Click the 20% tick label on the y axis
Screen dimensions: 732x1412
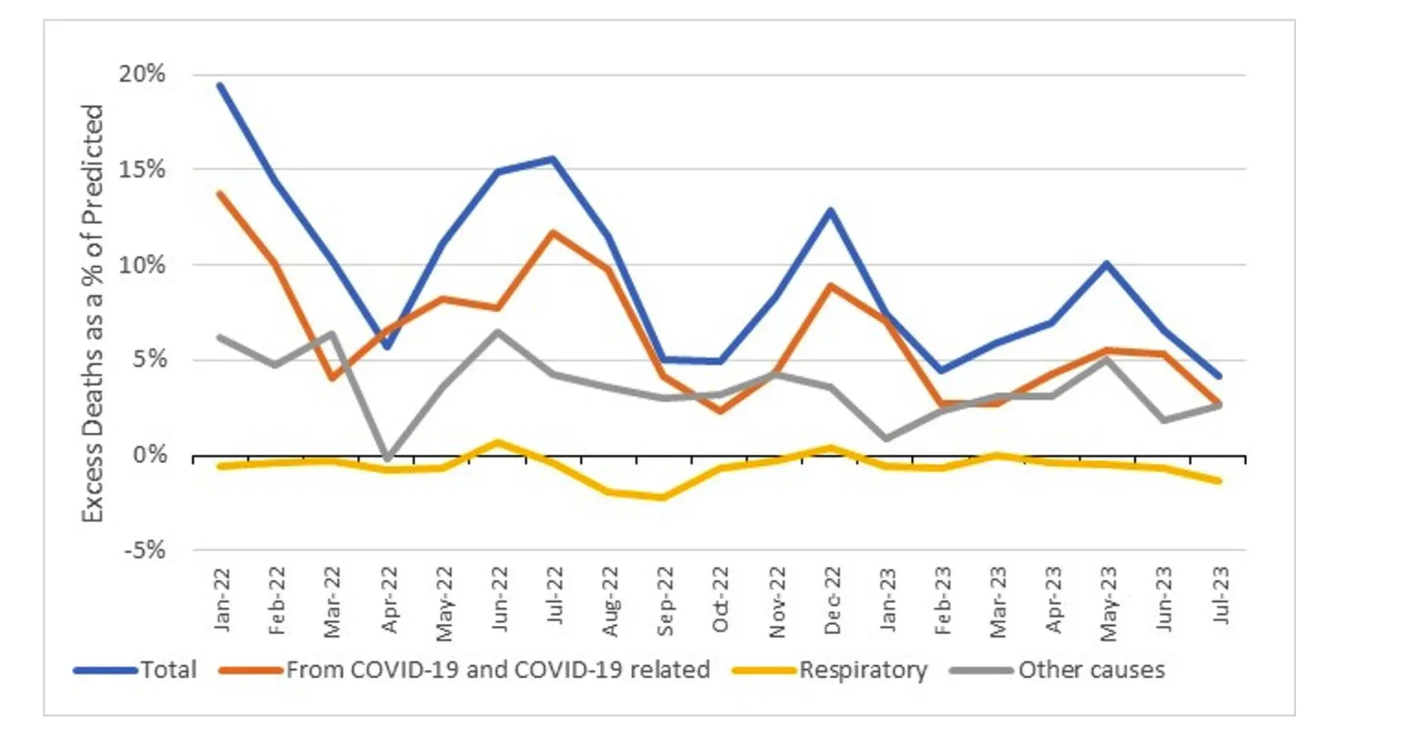(142, 74)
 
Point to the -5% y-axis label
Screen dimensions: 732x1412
(145, 551)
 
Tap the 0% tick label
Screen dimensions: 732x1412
(150, 455)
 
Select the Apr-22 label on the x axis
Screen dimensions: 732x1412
(390, 600)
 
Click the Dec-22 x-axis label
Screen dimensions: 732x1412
(832, 600)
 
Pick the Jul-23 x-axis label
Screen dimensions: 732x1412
(1220, 596)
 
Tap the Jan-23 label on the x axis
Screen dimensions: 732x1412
(888, 600)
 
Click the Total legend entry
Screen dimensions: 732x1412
(168, 670)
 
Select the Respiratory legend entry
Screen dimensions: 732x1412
(863, 670)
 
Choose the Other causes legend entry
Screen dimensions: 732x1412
(1091, 670)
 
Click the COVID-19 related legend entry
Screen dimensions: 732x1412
(497, 670)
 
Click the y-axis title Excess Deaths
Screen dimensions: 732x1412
(92, 314)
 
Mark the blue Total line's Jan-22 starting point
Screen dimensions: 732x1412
(219, 85)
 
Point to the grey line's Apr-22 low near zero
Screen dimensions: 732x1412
(388, 457)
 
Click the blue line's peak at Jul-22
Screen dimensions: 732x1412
(553, 159)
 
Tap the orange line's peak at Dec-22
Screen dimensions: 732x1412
(831, 285)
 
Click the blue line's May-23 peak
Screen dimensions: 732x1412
(1107, 263)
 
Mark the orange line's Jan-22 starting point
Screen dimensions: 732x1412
(219, 194)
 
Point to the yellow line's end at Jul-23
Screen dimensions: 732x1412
(1219, 480)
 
